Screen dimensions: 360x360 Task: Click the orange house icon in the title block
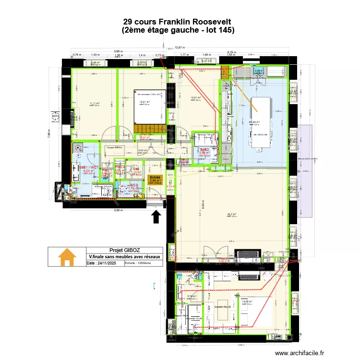click(x=67, y=257)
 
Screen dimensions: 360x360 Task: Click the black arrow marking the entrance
click(x=156, y=217)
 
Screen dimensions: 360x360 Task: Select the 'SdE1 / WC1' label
click(x=89, y=168)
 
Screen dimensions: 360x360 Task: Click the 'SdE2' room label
click(x=205, y=150)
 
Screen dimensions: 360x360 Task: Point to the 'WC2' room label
click(x=134, y=185)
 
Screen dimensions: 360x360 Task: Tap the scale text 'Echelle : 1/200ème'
click(x=138, y=263)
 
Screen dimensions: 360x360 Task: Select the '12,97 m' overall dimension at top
click(x=179, y=48)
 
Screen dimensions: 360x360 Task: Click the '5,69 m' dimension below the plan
click(x=114, y=210)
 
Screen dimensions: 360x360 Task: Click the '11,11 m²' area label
click(x=94, y=103)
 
